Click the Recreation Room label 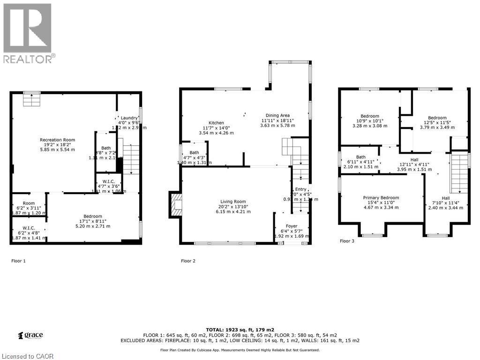(57, 140)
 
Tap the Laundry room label (128, 118)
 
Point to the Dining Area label (277, 115)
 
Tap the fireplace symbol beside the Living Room (176, 204)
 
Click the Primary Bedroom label (381, 198)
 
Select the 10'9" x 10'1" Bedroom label (370, 116)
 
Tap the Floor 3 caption (347, 241)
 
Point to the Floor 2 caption (188, 261)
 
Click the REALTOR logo (28, 33)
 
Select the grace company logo (30, 335)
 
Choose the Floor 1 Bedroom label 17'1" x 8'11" (92, 217)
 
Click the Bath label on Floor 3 (360, 157)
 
